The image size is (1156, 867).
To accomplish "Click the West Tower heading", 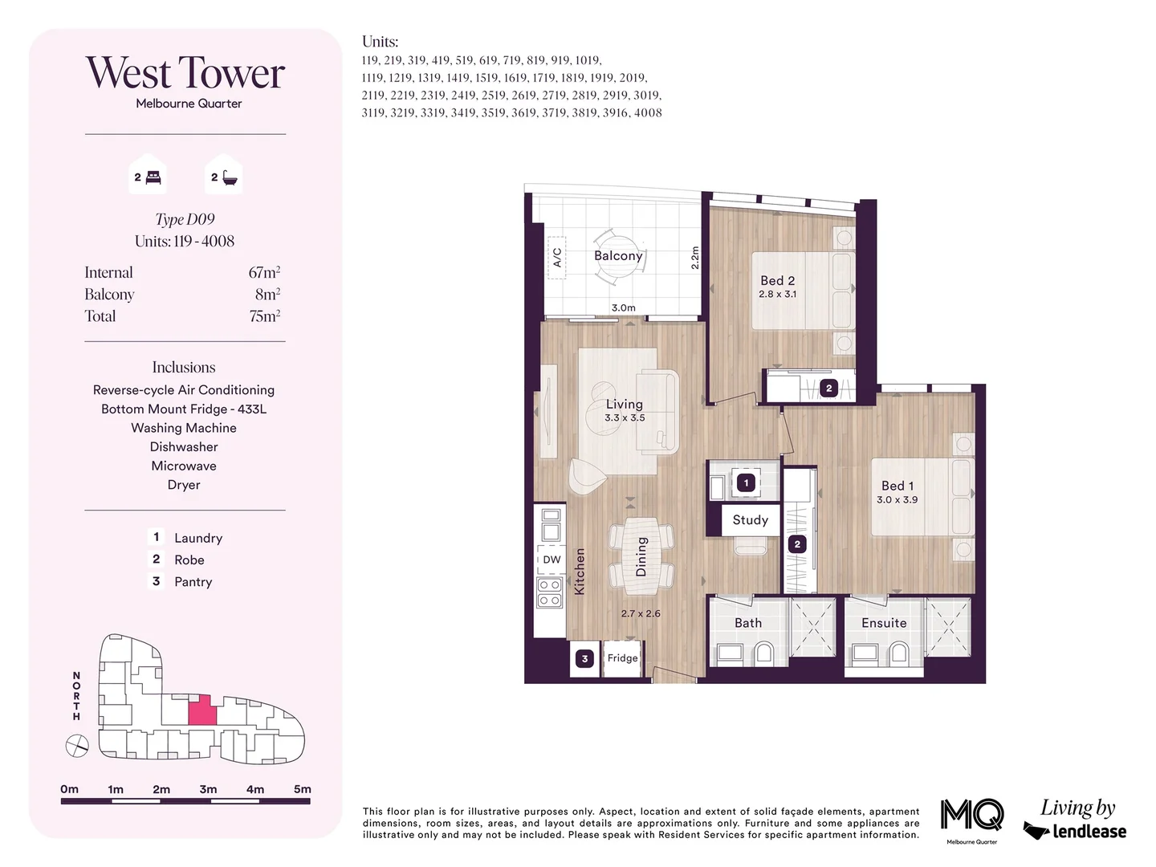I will point(185,73).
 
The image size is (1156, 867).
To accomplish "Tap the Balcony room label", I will point(618,255).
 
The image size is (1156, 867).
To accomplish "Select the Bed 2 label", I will point(777,280).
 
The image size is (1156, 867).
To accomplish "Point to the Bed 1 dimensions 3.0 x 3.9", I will point(897,499).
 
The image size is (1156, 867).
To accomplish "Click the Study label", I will point(750,519).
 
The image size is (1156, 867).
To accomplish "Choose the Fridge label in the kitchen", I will point(622,657).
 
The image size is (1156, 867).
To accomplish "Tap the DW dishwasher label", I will point(552,560).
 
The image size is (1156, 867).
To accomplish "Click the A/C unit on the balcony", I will point(557,257).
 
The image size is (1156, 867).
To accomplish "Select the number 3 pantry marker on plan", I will point(584,658).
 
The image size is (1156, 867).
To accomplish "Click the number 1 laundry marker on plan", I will point(746,482).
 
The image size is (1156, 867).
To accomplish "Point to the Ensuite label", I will point(884,623).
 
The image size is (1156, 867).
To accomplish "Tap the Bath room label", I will point(747,623).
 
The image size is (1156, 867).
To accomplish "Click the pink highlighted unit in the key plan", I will point(202,710).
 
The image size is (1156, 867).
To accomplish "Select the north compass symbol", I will point(76,747).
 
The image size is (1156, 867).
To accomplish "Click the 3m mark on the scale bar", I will point(208,790).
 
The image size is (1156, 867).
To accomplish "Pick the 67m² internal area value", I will point(264,273).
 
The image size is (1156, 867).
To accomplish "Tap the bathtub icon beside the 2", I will point(230,177).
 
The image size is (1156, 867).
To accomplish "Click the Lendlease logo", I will point(1075,830).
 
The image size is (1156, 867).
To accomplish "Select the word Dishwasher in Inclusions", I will point(184,447).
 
